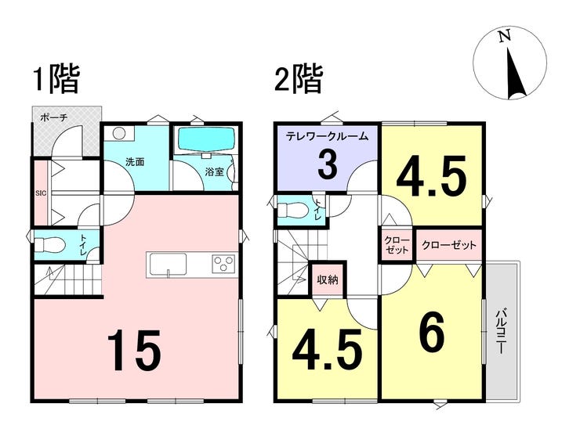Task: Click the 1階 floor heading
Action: click(56, 79)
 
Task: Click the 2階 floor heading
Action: click(299, 79)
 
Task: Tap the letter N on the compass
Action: click(504, 37)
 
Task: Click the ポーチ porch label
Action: click(53, 118)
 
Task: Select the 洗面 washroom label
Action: click(135, 162)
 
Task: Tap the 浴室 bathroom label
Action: click(215, 171)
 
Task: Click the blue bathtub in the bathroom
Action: click(206, 139)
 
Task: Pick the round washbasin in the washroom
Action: click(118, 133)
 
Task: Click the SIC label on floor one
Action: click(41, 193)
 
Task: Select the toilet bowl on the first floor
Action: click(50, 245)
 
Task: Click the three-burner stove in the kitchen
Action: click(223, 264)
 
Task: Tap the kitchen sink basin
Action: click(169, 264)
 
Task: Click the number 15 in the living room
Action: click(134, 350)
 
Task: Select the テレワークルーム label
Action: click(328, 136)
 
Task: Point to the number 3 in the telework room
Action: click(328, 165)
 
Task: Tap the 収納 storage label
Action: click(328, 279)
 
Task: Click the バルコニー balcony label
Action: click(501, 330)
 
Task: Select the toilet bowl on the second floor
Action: click(293, 211)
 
